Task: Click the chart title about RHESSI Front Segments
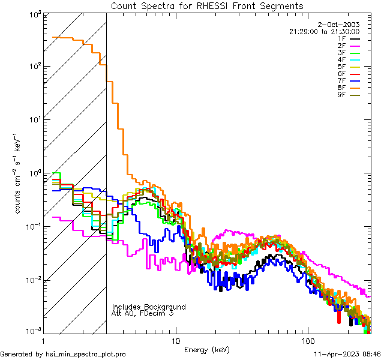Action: (207, 5)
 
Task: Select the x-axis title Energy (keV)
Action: (206, 349)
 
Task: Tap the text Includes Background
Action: (148, 307)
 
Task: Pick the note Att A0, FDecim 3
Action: (143, 313)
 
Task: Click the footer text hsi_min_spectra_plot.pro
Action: (85, 355)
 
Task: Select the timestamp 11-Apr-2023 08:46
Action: (347, 355)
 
